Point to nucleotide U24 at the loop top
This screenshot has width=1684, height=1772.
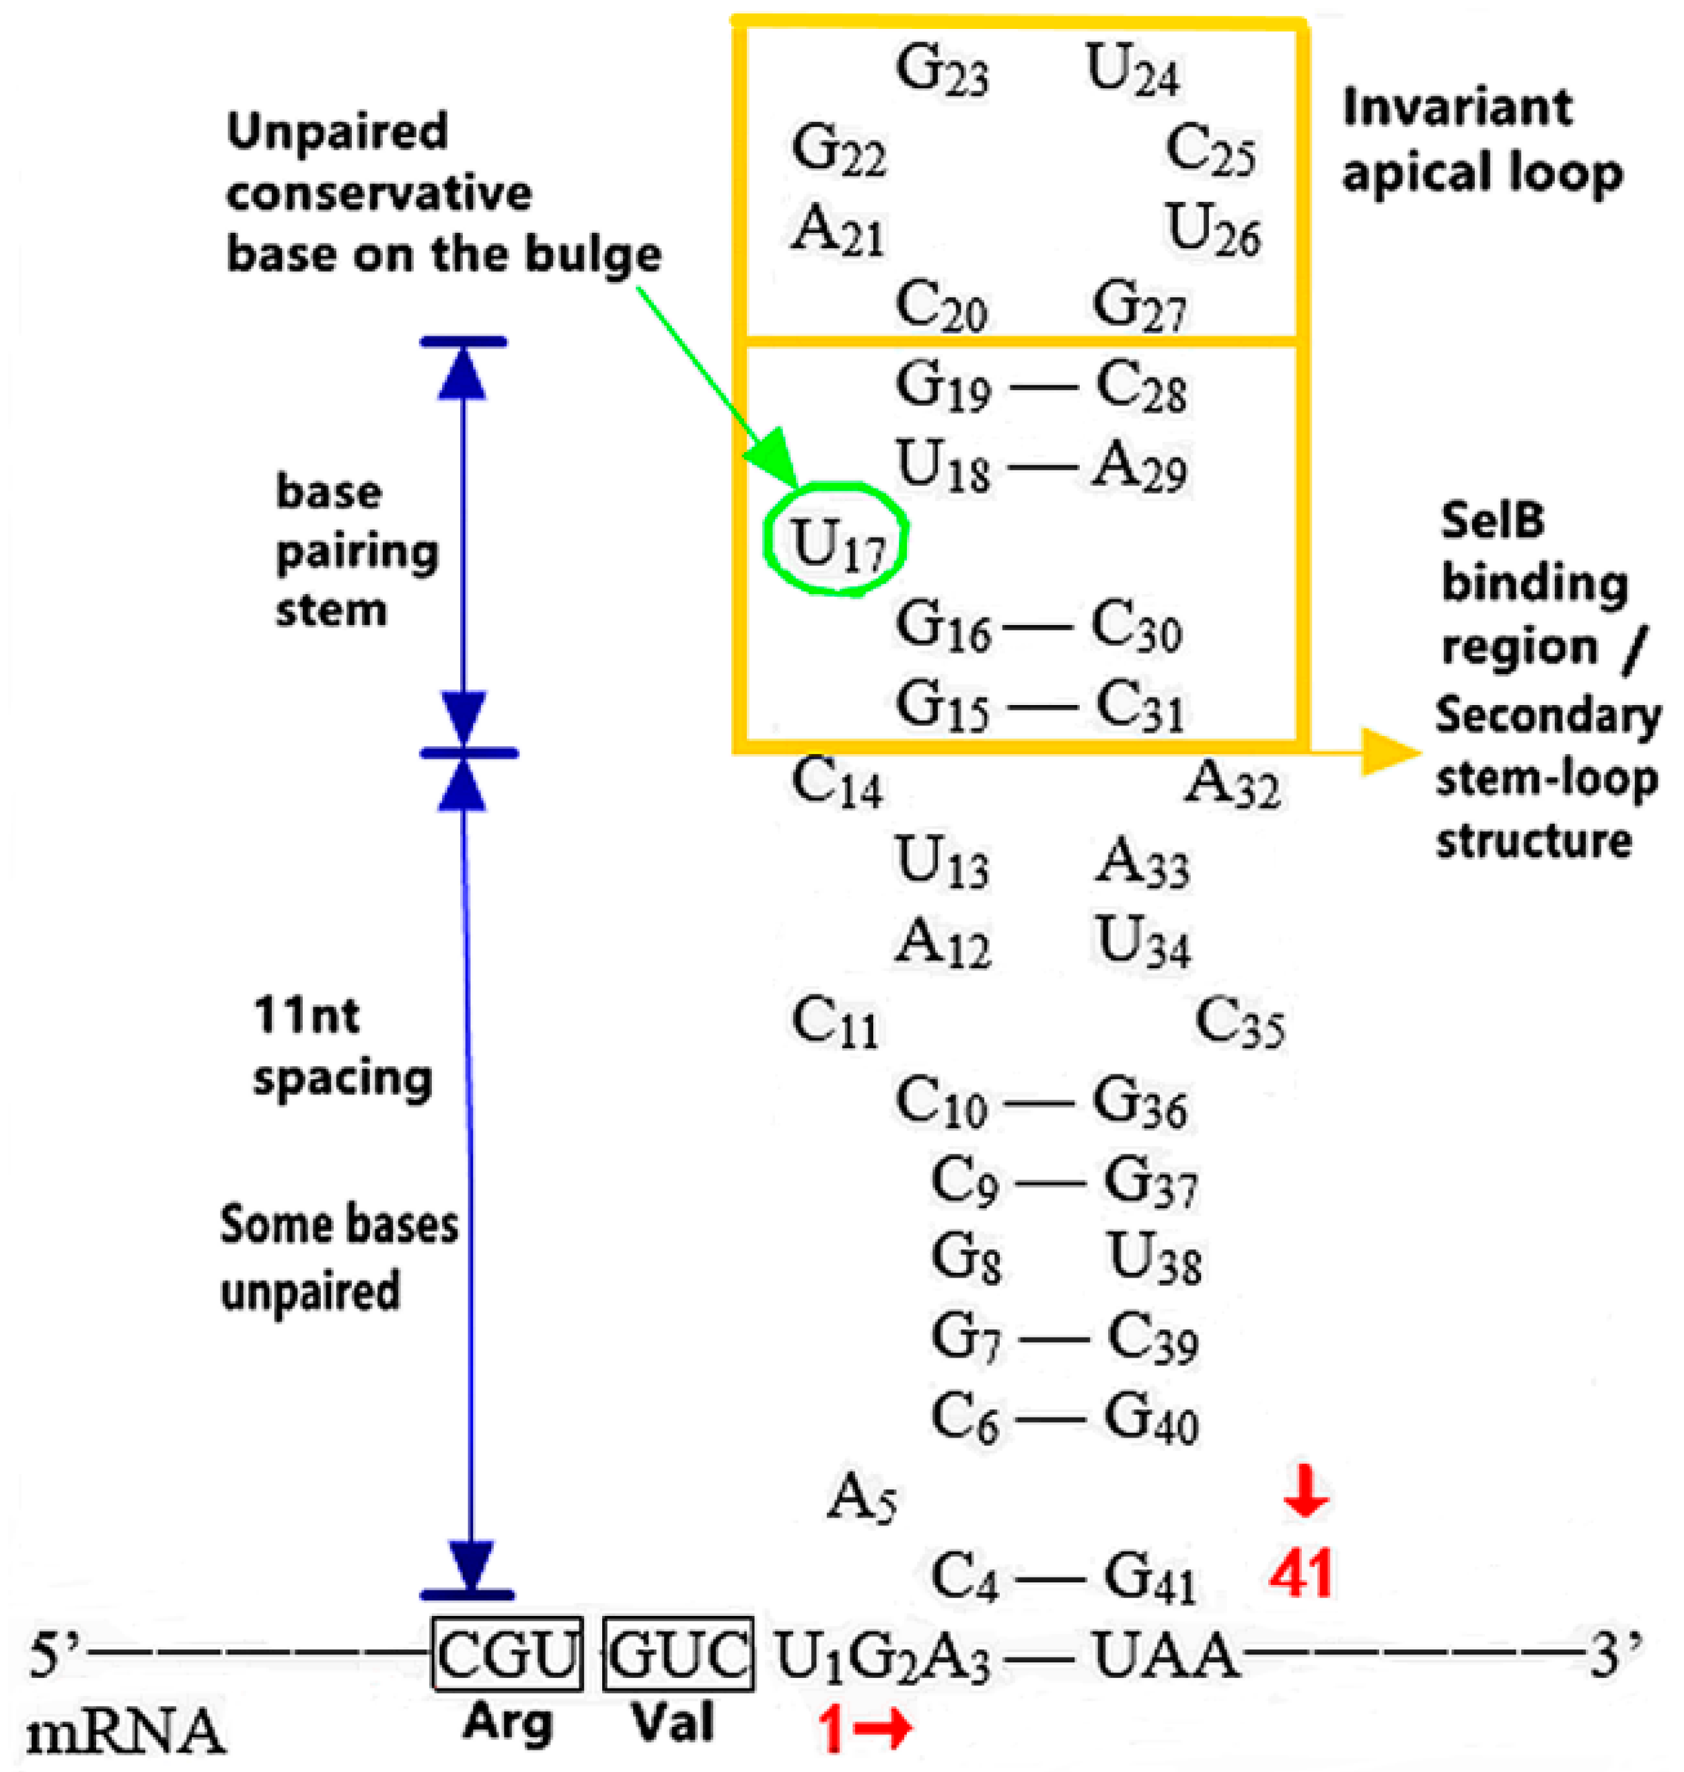[1132, 70]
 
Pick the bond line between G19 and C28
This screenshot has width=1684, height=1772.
[1043, 387]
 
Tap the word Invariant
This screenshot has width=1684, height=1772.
[1457, 108]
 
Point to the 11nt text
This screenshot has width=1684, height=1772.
[306, 1015]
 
